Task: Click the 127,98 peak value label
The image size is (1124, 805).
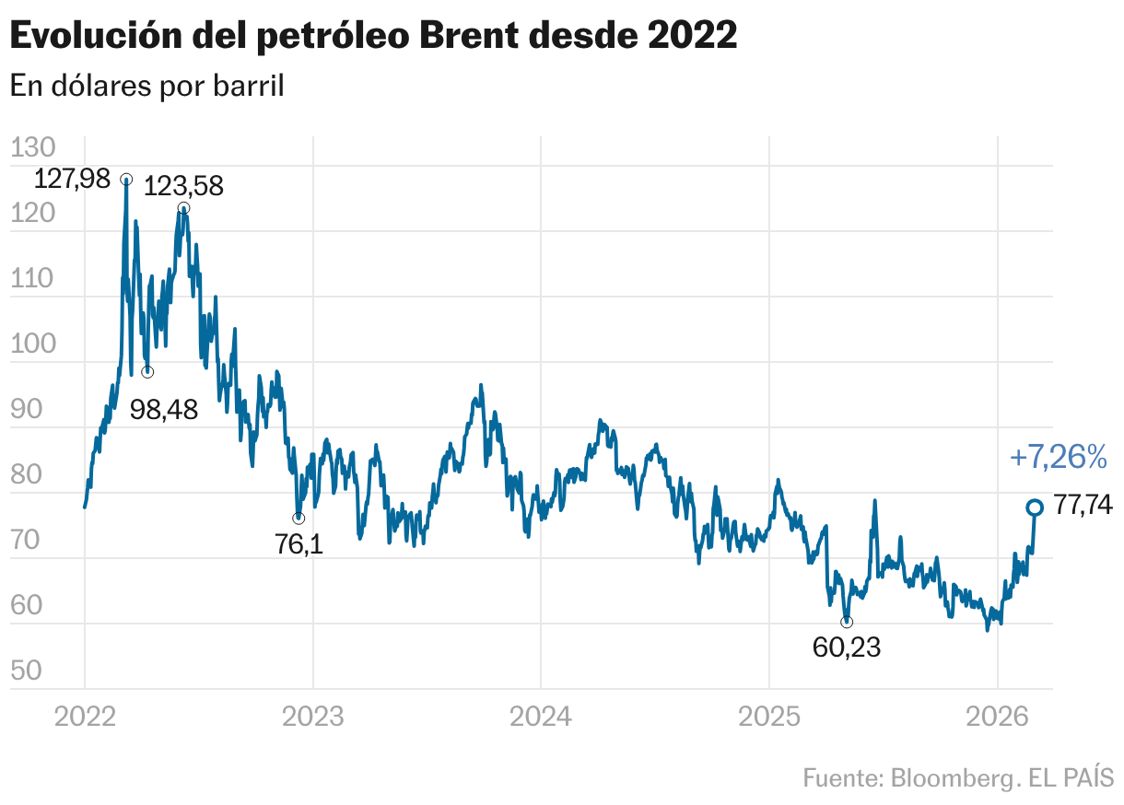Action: point(71,179)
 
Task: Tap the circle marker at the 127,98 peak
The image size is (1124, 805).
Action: point(126,179)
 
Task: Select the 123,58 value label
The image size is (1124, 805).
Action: point(184,187)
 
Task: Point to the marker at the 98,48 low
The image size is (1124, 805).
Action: point(147,372)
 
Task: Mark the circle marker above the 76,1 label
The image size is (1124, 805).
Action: point(299,518)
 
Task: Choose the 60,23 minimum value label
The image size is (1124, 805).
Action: point(847,647)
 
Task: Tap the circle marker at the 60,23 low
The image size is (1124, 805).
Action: point(847,622)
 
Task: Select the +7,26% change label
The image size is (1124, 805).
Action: point(1058,457)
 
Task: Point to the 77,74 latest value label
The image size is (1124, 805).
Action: point(1083,506)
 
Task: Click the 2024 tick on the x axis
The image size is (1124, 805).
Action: point(541,716)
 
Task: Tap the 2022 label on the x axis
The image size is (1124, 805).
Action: point(85,716)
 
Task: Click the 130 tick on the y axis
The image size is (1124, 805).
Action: point(33,148)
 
